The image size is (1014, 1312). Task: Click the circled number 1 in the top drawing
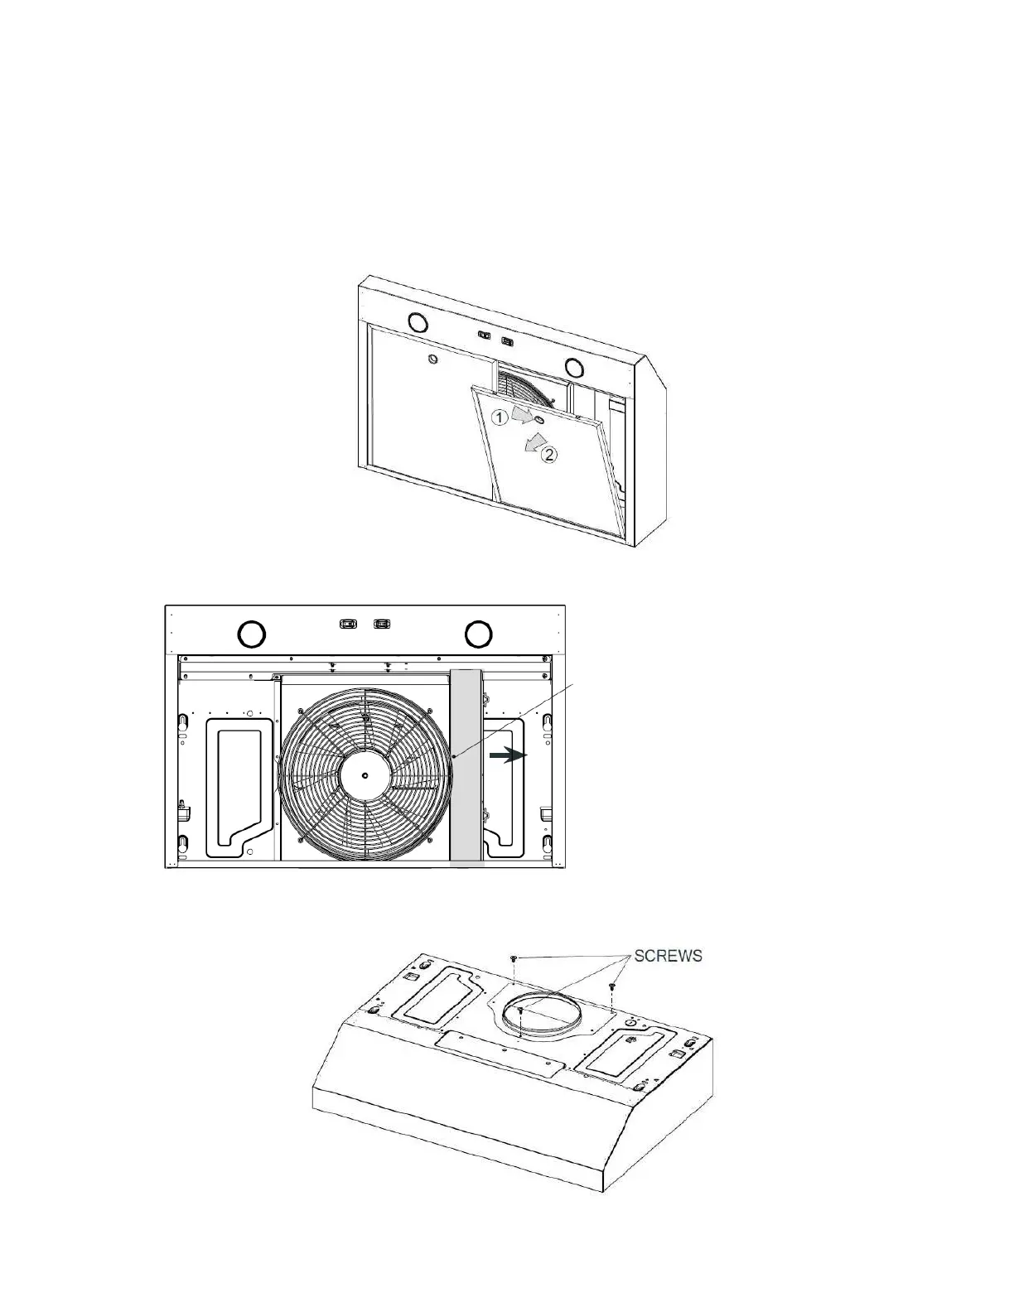pos(500,417)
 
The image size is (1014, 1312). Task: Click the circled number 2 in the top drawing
pos(548,453)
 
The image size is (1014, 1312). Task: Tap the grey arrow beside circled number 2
pos(528,446)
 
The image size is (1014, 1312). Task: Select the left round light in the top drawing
pos(417,321)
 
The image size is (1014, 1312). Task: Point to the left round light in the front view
pos(252,634)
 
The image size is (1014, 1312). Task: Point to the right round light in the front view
pos(478,634)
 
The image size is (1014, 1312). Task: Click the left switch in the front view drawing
pos(348,623)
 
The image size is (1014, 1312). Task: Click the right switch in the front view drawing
pos(382,623)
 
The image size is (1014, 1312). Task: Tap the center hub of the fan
pos(365,775)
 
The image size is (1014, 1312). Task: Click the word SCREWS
pos(668,956)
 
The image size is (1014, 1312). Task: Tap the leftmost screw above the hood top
pos(514,958)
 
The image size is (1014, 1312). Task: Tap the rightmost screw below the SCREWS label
pos(612,986)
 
